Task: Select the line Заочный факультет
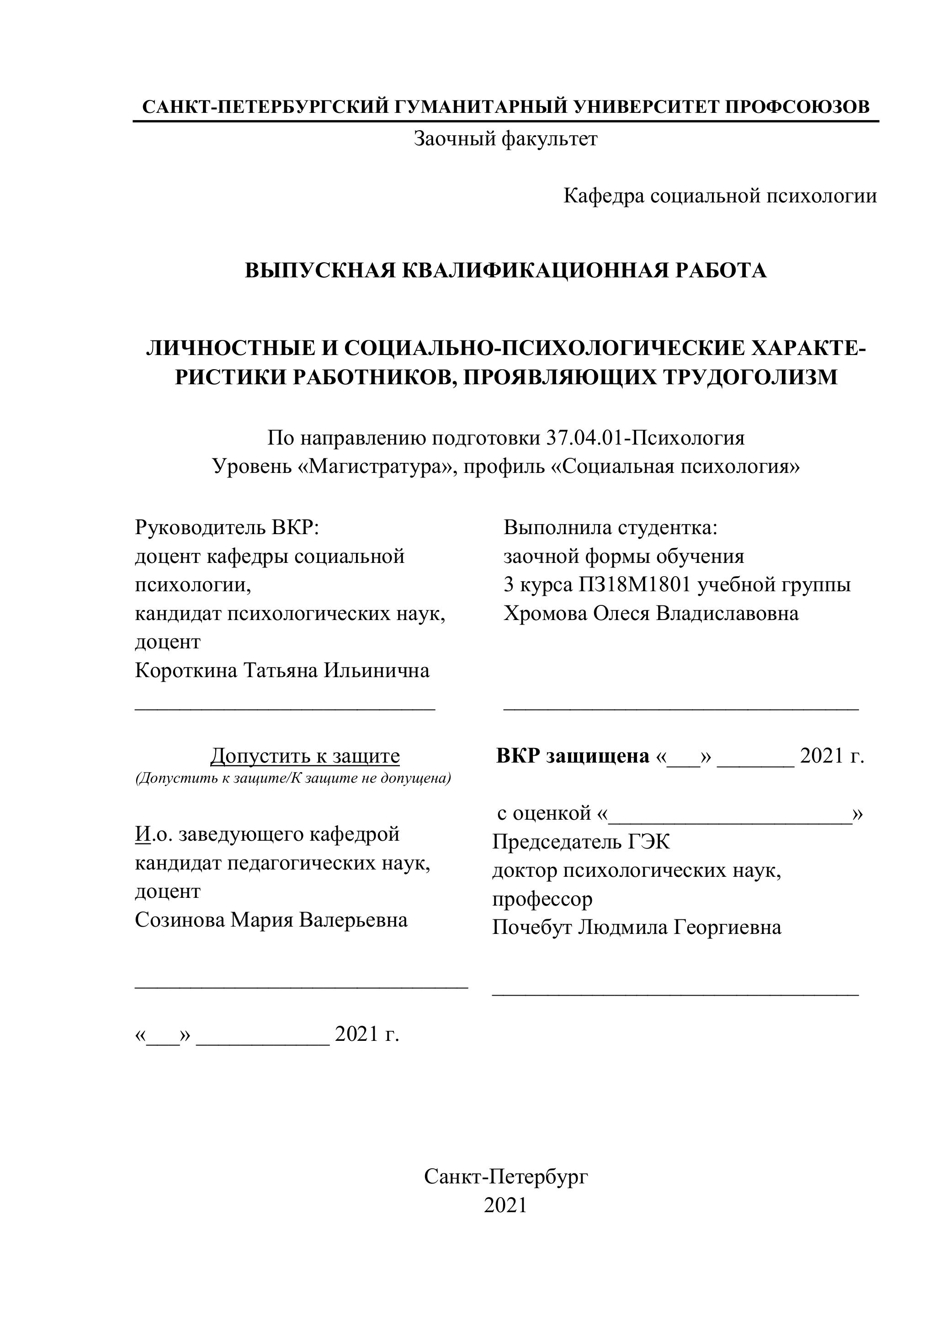505,139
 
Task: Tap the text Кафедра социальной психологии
720,196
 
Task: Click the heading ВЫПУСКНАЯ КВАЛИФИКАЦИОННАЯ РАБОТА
505,270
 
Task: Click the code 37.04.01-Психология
645,438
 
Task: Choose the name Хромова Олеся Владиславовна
651,613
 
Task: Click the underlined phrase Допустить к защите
305,756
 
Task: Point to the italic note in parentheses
293,779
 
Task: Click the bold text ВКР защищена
573,756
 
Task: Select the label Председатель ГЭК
581,842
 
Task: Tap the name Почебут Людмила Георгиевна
636,927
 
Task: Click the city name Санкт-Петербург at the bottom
505,1177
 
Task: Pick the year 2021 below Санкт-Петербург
505,1205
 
